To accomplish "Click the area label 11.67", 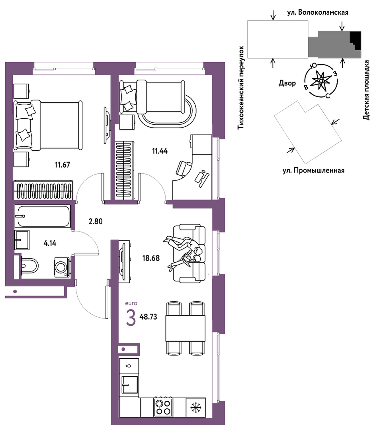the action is pos(63,165).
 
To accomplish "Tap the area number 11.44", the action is pos(160,151).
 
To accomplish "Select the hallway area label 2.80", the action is pos(96,221).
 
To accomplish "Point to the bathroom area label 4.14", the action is pos(50,243).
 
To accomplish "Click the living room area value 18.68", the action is pos(151,258).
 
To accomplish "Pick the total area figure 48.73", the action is pos(148,317).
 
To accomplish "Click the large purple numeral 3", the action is pos(131,318).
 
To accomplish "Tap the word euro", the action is pos(131,303).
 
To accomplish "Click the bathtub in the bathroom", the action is pos(43,216).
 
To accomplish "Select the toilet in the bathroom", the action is pos(29,265).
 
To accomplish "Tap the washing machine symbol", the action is pos(62,267).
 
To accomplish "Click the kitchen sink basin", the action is pos(129,385).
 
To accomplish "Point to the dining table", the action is pos(186,328).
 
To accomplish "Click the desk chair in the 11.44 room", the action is pos(184,168).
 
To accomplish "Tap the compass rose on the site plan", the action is pos(320,81).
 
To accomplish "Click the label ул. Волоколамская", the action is pos(318,12).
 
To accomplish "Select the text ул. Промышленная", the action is pos(313,171).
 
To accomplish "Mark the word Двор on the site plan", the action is pos(287,83).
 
